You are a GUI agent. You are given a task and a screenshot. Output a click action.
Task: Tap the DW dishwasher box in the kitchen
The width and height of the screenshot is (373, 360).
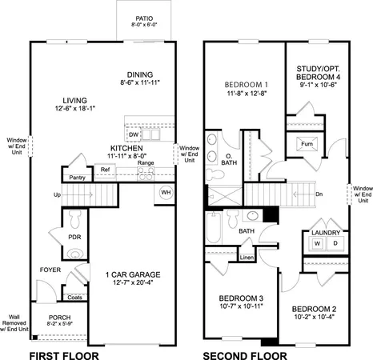point(134,136)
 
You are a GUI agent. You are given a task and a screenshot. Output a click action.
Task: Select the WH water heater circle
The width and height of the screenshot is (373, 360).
point(166,192)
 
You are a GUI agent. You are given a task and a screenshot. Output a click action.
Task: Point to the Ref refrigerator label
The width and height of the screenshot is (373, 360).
point(105,170)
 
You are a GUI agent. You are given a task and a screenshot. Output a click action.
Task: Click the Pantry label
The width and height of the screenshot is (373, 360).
point(77,177)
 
